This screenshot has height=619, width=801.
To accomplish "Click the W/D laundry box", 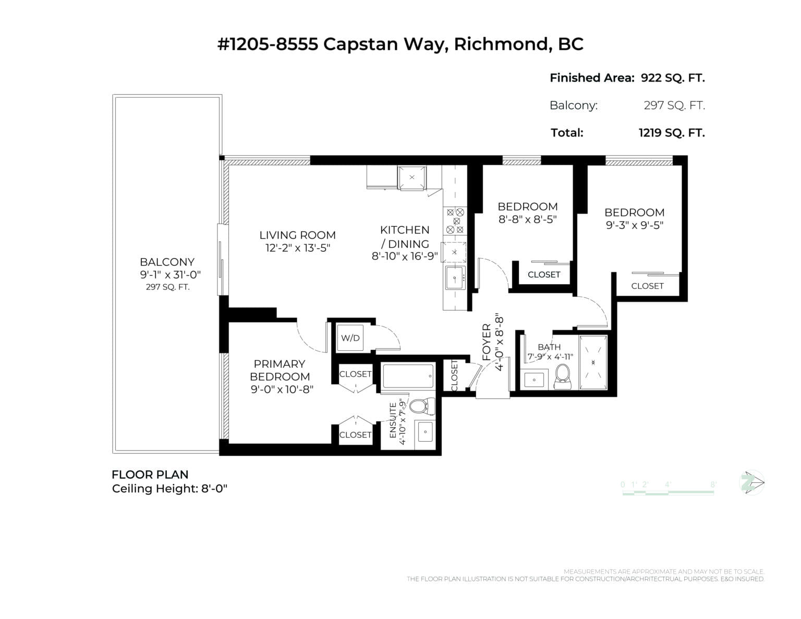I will [350, 338].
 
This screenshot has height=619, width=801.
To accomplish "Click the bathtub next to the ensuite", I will [407, 375].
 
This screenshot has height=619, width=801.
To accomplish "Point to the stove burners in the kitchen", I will [454, 221].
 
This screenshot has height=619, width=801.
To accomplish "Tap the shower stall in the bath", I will [593, 363].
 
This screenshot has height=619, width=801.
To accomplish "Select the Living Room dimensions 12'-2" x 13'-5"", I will [297, 248].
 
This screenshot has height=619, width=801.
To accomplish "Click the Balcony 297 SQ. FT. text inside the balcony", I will [167, 287].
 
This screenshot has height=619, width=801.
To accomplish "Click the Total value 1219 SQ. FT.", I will [671, 133].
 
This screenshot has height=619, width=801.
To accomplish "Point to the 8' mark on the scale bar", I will [713, 484].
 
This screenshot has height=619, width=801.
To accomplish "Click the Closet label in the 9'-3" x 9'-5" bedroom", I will [647, 286].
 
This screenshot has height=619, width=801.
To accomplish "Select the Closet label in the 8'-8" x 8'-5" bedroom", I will [544, 274].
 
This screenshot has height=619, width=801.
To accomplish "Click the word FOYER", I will [487, 342].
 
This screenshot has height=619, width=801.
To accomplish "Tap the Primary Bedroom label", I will [279, 370].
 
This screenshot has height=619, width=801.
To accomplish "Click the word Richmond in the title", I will [501, 44].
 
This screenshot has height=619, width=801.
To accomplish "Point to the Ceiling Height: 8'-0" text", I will [169, 489].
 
